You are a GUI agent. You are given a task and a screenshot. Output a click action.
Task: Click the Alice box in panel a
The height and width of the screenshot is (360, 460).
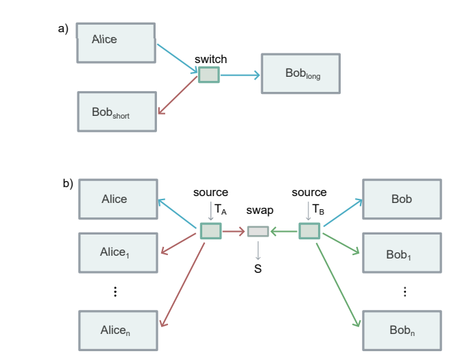[x=116, y=43]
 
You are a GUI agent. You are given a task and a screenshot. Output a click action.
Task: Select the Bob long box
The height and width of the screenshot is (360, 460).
[x=300, y=73]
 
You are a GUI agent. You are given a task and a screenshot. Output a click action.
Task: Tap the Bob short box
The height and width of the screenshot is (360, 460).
[x=116, y=111]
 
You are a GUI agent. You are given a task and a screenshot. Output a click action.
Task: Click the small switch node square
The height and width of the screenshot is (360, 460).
[x=208, y=74]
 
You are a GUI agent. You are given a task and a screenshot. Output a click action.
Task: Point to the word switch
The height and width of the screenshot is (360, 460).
[x=210, y=60]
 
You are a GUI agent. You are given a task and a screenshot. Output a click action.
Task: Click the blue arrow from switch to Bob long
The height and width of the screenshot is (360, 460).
[x=239, y=74]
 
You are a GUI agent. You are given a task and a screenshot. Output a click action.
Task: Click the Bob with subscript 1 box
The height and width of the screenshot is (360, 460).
[x=402, y=253]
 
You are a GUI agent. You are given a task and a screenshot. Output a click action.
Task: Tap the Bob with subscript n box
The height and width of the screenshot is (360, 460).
[x=402, y=331]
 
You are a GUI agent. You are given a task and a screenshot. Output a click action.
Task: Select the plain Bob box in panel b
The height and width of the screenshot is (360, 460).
[x=402, y=200]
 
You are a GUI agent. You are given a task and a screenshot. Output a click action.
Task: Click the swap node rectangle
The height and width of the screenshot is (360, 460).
[x=258, y=232]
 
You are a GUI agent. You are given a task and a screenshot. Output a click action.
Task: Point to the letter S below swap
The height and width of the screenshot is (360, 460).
[x=258, y=269]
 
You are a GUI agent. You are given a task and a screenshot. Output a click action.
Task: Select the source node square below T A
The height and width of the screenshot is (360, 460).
[x=210, y=231]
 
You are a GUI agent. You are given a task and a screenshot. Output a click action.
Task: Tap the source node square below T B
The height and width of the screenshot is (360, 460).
[x=309, y=231]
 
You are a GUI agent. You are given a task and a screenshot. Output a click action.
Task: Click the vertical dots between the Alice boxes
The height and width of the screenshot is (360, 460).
[x=115, y=291]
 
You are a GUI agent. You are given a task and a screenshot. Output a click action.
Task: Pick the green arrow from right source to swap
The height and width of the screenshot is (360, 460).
[x=284, y=232]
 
